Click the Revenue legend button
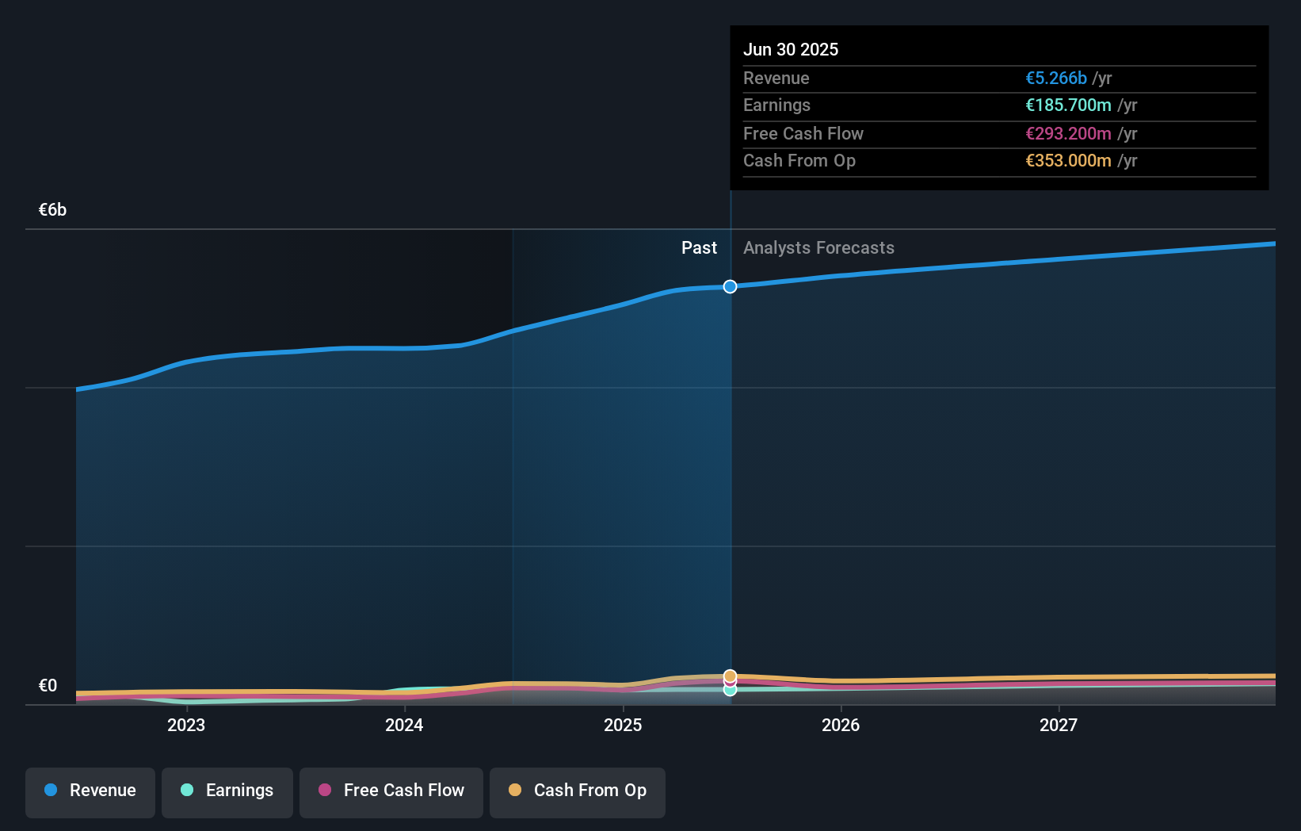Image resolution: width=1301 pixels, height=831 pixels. tap(90, 791)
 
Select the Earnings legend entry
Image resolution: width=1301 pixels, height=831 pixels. tap(227, 791)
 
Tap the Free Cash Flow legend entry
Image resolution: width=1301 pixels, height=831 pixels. tap(391, 791)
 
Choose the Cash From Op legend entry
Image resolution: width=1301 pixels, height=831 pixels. tap(578, 791)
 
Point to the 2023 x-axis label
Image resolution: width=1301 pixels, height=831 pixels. tap(186, 725)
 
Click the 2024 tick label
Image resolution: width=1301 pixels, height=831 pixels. tap(404, 725)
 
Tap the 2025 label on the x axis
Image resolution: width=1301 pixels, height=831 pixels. tap(623, 725)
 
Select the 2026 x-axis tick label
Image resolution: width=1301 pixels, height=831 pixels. tap(841, 725)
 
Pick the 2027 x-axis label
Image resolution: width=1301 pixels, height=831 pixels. tap(1059, 725)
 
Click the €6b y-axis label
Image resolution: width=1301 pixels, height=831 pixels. tap(52, 210)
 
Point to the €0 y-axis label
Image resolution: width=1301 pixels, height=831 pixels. tap(48, 686)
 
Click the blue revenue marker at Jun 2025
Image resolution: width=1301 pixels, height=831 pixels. tap(730, 286)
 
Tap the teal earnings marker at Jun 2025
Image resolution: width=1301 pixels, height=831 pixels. tap(730, 691)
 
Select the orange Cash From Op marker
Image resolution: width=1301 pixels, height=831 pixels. tap(730, 676)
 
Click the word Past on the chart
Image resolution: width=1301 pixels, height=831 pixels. tap(699, 248)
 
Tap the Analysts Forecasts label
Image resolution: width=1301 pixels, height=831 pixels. tap(818, 248)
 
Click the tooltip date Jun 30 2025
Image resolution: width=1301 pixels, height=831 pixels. tap(790, 49)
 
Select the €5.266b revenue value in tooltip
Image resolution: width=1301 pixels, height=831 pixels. tap(1056, 79)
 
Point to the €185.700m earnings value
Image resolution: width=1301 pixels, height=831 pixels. tap(1068, 105)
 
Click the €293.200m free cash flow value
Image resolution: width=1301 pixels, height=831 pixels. tap(1068, 134)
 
